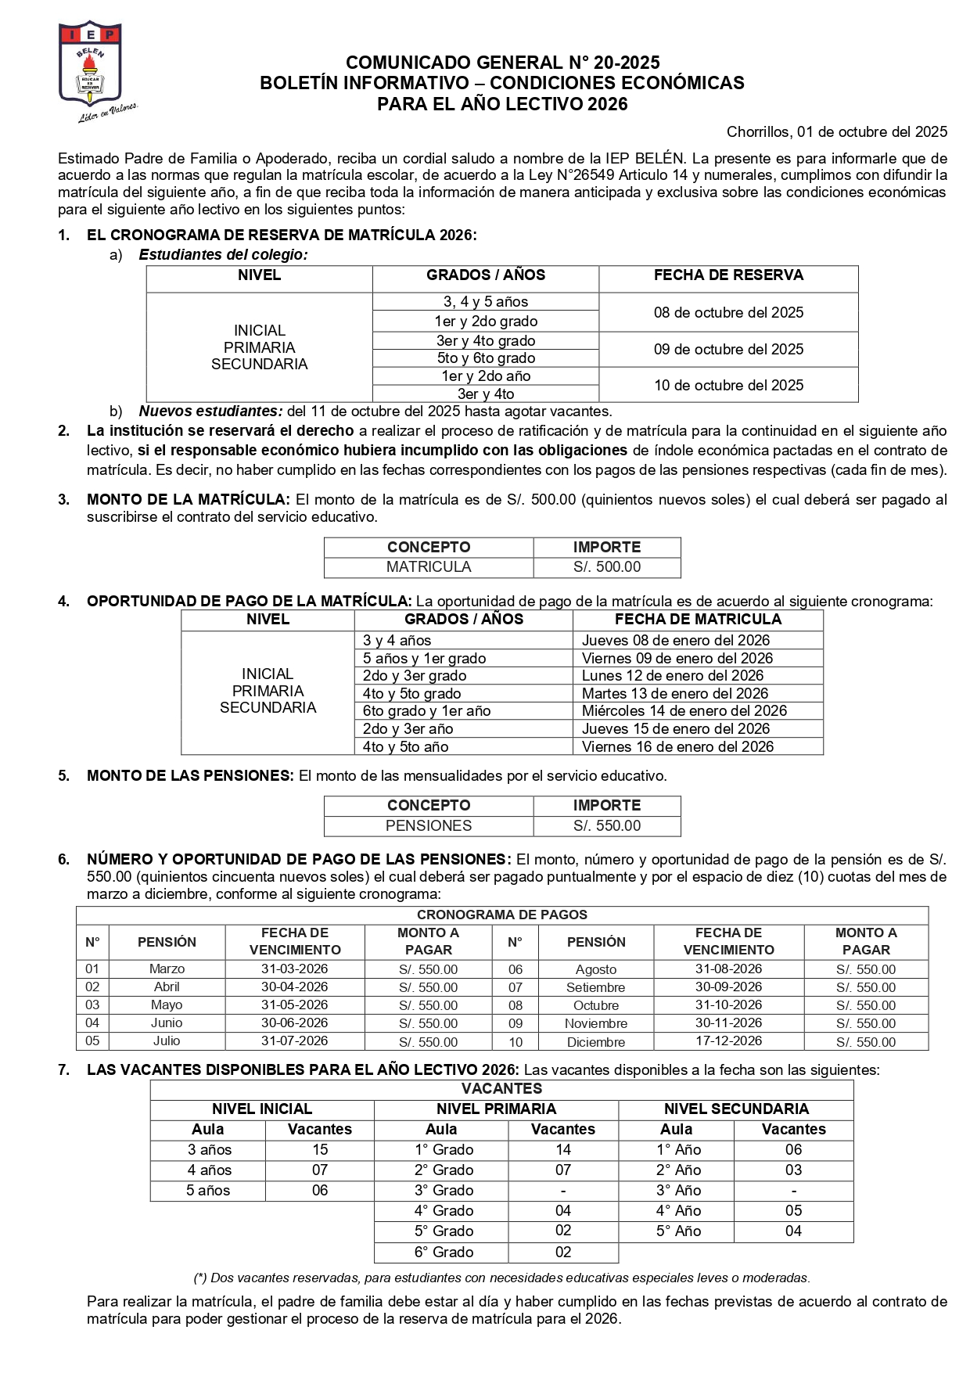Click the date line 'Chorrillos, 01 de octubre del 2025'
click(x=836, y=132)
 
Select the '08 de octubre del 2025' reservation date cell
click(x=728, y=313)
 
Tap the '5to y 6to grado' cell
click(x=486, y=358)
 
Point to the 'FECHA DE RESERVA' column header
click(x=728, y=275)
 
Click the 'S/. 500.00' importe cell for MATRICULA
click(x=606, y=567)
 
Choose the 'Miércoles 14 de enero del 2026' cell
click(x=684, y=711)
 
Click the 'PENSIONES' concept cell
click(x=429, y=826)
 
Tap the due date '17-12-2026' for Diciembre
click(x=728, y=1041)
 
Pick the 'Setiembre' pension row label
click(x=595, y=988)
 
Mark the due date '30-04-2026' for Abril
click(x=294, y=987)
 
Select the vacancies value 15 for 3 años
click(x=320, y=1150)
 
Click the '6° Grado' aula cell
click(x=444, y=1253)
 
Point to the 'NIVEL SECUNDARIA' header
click(x=735, y=1109)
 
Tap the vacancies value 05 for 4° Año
click(x=793, y=1211)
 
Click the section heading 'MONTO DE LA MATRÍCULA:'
click(x=188, y=500)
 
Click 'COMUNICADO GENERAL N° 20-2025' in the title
click(x=502, y=63)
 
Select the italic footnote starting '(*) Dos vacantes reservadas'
click(x=501, y=1278)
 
